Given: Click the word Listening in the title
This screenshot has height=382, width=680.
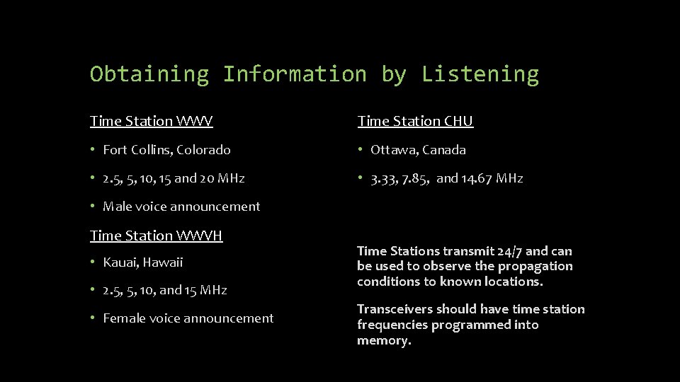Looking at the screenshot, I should tap(480, 74).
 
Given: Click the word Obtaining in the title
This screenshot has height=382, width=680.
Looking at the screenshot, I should tap(149, 74).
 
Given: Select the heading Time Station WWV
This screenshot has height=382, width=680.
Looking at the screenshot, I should tap(151, 121).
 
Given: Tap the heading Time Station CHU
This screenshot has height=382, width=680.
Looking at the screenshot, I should tap(415, 121).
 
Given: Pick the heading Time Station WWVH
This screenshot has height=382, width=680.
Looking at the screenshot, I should tap(156, 235).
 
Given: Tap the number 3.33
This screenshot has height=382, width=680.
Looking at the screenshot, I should tap(385, 178).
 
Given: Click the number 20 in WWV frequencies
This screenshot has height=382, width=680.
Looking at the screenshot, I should tap(207, 178).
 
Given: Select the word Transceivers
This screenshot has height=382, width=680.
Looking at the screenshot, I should tap(395, 309).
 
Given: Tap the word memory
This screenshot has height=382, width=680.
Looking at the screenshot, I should tap(382, 340).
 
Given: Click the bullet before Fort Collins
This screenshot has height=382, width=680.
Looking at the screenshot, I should tap(93, 150).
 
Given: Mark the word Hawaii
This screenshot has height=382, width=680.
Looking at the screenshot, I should tap(164, 262).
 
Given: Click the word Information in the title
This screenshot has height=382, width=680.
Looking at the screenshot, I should tap(295, 74).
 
